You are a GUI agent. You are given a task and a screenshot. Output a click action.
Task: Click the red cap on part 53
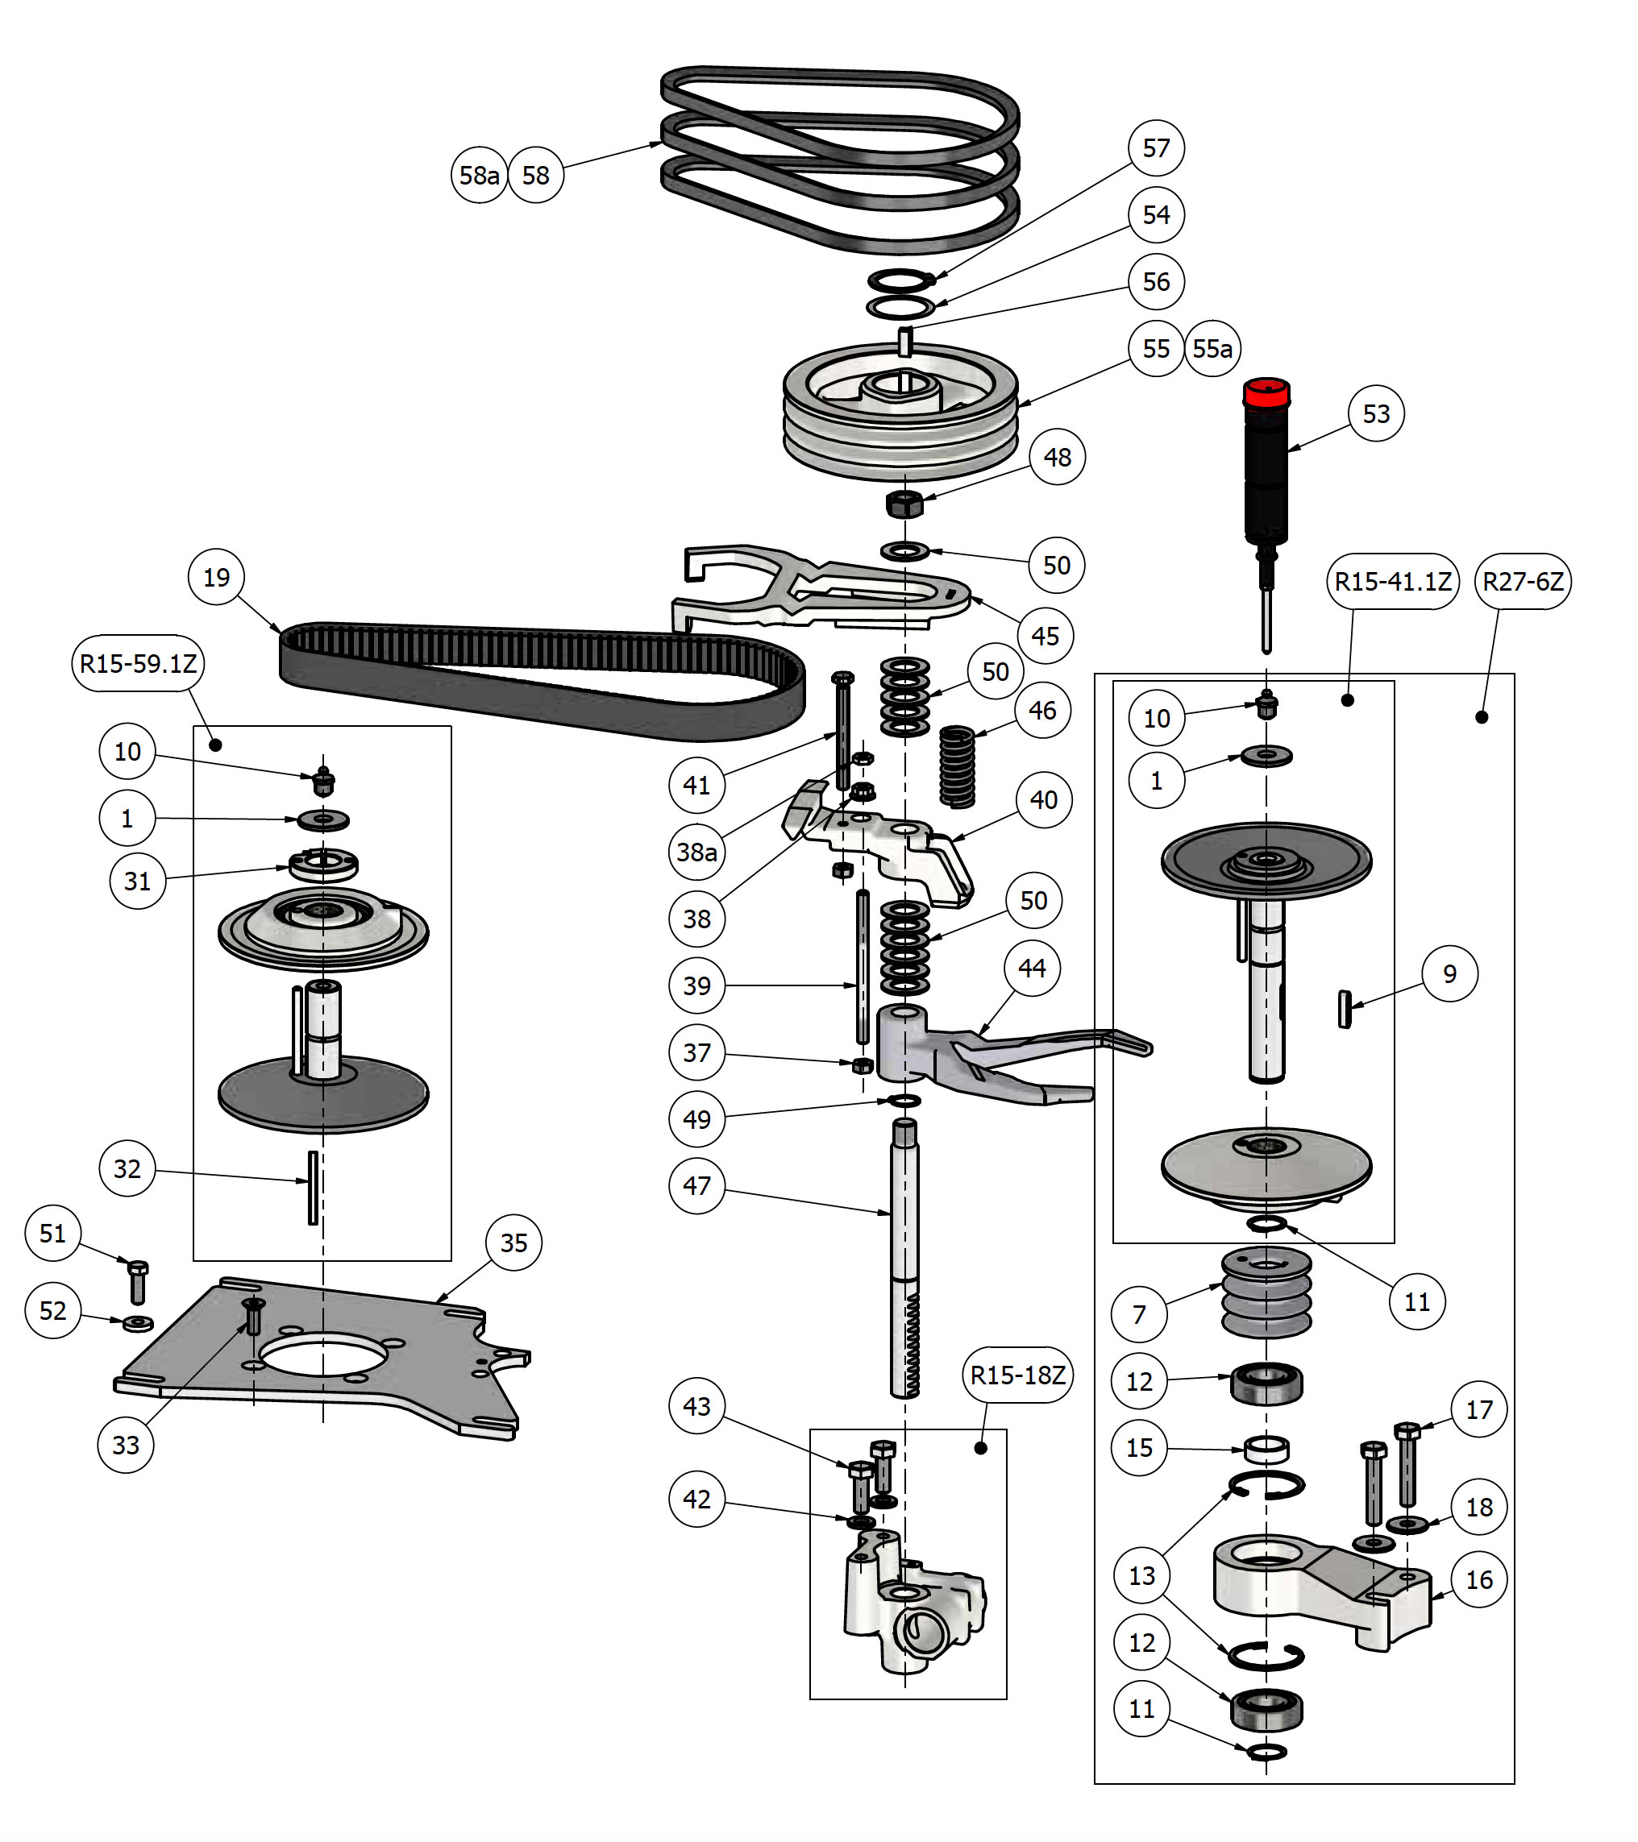pos(1266,393)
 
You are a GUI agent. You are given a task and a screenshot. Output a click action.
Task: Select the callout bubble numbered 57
pos(1156,147)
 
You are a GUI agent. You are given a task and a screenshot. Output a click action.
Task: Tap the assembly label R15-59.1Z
pos(138,664)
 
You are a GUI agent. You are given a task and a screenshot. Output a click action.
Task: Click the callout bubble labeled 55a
pos(1212,349)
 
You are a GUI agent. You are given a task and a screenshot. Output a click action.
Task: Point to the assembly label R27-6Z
pos(1522,582)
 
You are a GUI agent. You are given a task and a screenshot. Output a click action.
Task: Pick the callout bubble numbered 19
pos(216,578)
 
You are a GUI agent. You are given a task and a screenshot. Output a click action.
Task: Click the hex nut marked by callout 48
pos(904,504)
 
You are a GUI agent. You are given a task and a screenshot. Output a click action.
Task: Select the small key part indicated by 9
pos(1344,1008)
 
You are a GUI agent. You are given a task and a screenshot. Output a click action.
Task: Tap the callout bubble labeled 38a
pos(696,852)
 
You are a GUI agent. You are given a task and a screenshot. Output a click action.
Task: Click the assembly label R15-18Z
pos(1018,1375)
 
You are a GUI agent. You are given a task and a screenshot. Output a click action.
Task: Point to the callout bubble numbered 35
pos(513,1243)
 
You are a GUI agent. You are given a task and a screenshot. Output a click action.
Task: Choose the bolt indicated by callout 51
pos(138,1281)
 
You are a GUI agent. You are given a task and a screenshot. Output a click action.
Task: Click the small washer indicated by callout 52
pos(138,1323)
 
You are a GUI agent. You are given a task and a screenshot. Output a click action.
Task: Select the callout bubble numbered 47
pos(696,1186)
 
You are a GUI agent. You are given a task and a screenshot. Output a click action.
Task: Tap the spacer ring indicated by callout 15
pos(1266,1450)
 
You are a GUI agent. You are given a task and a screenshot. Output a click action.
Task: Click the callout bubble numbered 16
pos(1478,1580)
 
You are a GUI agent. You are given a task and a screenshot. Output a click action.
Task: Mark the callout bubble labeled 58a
pos(479,176)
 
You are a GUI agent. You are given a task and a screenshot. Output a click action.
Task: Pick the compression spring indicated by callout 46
pos(957,766)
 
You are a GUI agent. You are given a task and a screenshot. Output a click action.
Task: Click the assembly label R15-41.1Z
pos(1393,582)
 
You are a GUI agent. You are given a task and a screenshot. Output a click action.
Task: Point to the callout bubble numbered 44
pos(1032,969)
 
